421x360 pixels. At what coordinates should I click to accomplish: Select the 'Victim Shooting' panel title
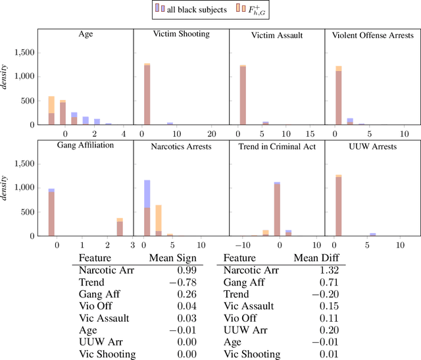[x=181, y=34]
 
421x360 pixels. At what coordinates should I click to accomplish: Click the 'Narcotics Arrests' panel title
[x=181, y=147]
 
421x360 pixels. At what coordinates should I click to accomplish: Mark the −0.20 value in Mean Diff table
[x=333, y=294]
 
